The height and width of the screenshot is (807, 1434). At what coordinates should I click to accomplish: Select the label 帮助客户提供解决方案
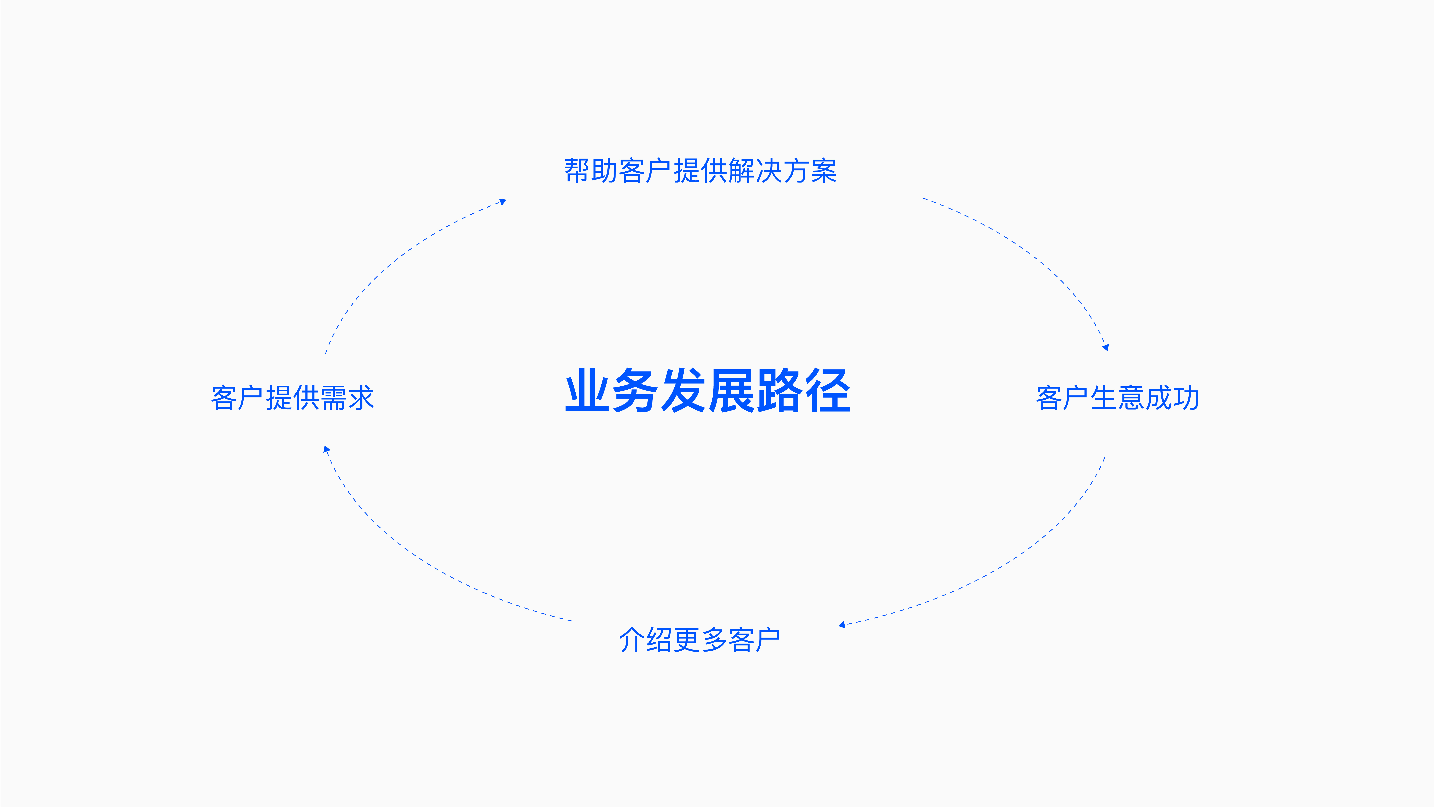click(x=700, y=171)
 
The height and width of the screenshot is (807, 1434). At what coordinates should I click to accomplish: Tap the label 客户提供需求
click(x=292, y=398)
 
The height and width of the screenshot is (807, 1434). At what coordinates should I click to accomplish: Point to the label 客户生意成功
click(x=1117, y=398)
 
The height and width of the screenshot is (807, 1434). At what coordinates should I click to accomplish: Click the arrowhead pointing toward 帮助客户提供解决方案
click(x=503, y=202)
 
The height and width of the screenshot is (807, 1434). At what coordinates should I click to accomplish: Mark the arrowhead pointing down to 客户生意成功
click(x=1106, y=347)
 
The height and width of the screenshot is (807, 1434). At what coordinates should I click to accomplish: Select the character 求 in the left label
click(x=361, y=398)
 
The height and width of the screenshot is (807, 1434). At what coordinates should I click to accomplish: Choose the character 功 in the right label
click(x=1186, y=398)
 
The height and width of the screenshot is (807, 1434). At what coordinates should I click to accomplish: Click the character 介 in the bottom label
click(x=632, y=639)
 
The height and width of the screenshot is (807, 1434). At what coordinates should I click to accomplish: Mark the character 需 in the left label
click(x=333, y=398)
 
